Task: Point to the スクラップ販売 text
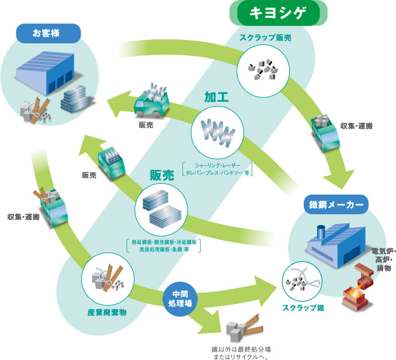point(265,38)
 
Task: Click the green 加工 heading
point(216,98)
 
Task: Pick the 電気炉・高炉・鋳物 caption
point(381,260)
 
